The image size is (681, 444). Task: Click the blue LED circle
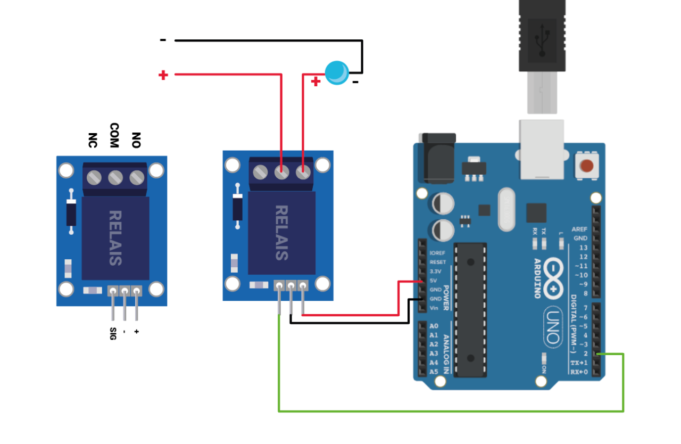pos(337,73)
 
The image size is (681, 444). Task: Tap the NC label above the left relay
pos(92,140)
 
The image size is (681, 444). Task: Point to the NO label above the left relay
pos(136,140)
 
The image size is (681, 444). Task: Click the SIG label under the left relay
pos(113,334)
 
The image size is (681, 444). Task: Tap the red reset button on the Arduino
pos(587,166)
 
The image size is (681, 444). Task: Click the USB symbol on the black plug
pos(542,38)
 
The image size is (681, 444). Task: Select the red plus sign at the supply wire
pos(163,75)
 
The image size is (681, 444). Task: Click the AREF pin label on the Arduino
pos(579,229)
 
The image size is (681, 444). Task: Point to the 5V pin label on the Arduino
pos(434,281)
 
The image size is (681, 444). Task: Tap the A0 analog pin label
pos(434,326)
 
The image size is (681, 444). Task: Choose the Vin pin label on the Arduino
pos(434,308)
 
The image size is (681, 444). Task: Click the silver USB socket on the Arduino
pos(541,149)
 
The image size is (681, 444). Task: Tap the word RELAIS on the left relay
pos(115,238)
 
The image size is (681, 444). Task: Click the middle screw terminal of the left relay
pos(115,177)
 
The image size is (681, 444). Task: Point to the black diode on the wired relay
pos(237,208)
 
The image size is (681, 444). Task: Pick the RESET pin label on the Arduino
pos(438,262)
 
